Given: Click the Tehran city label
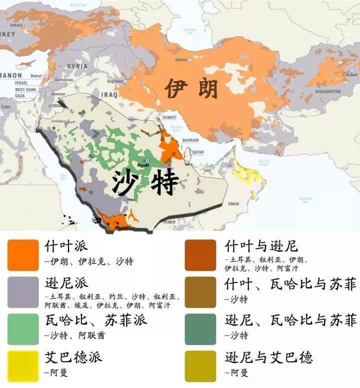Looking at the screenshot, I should [x=180, y=60].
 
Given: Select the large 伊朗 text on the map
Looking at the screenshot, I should [x=192, y=90].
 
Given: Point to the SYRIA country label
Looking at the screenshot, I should [x=77, y=66].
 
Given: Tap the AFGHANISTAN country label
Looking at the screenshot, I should [x=327, y=92].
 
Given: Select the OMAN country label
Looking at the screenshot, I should [x=233, y=204].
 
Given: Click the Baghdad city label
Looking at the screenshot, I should [x=114, y=81].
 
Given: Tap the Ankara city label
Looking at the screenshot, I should [x=16, y=25].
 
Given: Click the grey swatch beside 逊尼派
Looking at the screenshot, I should [x=23, y=292].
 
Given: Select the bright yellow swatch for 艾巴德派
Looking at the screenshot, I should [x=23, y=366].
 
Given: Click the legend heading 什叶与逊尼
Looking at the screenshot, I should [x=261, y=246].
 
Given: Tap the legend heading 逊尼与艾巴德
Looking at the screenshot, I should [x=268, y=357].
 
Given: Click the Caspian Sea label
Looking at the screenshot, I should [x=189, y=31].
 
